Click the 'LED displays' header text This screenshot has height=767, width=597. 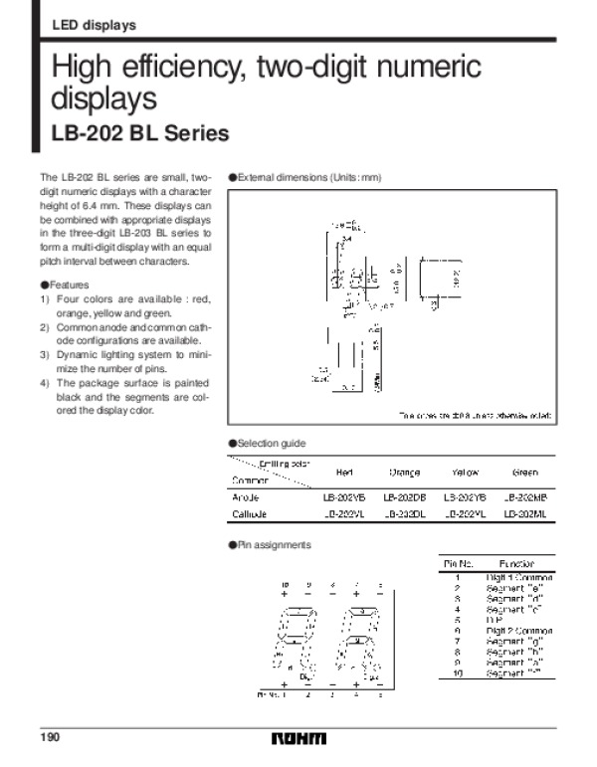point(94,25)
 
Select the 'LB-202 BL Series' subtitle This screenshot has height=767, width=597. point(140,132)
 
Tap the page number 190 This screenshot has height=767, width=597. point(51,737)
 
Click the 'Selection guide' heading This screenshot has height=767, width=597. point(271,443)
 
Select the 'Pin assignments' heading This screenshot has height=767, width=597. point(274,545)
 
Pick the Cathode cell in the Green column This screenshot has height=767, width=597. point(523,514)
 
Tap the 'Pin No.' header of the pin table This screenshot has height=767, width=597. point(458,564)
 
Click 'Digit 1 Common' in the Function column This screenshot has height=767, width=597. point(518,577)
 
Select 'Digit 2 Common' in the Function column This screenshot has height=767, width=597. point(518,631)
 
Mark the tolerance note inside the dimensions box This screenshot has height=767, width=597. point(475,415)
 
